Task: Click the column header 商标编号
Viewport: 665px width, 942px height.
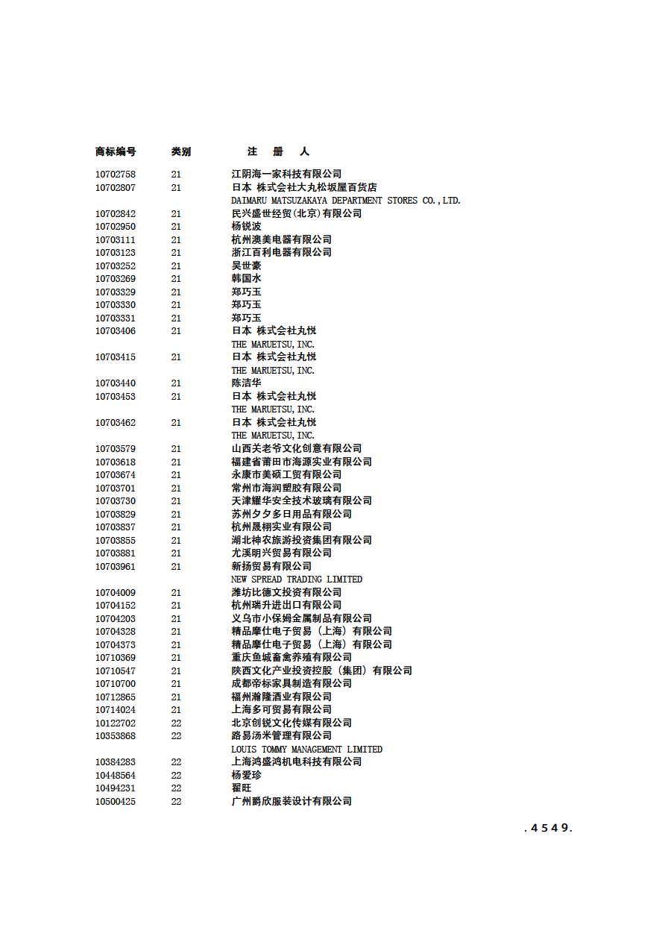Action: [116, 151]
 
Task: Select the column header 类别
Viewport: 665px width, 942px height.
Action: [180, 151]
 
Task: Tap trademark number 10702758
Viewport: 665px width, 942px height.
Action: [116, 175]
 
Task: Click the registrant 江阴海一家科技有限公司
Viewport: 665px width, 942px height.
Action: [286, 175]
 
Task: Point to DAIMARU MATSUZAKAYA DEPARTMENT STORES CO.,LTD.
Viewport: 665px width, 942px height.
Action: [346, 201]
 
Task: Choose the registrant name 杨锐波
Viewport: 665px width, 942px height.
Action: [246, 227]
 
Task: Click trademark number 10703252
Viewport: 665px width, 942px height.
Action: [116, 266]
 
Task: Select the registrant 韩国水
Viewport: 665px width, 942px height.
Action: [246, 279]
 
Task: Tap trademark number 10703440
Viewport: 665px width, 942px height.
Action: [116, 383]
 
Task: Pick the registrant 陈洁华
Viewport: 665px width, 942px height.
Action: [246, 383]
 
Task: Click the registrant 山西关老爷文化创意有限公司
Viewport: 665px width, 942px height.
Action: [296, 449]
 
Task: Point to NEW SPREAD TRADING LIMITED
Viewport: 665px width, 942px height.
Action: [297, 580]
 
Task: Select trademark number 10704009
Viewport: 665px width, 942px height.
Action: [116, 593]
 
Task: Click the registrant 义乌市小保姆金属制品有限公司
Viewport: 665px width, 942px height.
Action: [301, 619]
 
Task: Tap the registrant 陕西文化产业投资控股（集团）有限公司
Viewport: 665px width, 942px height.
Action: [321, 671]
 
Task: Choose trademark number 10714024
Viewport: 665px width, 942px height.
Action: [116, 710]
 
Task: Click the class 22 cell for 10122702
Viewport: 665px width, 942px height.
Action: [176, 723]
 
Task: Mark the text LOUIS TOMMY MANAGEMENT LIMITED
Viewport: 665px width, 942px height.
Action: [306, 750]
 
